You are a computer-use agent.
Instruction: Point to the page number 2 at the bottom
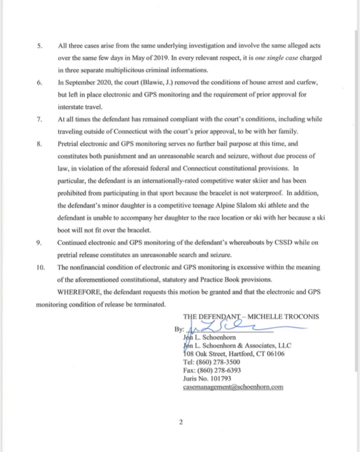pos(180,422)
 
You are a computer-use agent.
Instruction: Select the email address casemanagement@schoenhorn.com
pos(233,387)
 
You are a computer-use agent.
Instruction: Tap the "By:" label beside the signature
pos(179,329)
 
